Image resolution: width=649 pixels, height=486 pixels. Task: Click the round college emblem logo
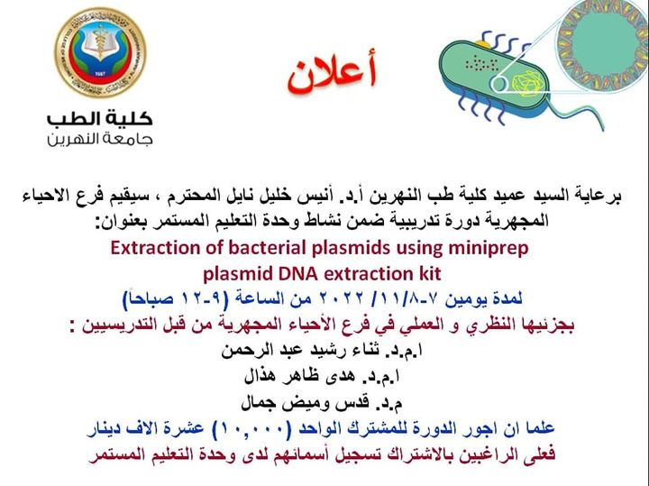tap(100, 52)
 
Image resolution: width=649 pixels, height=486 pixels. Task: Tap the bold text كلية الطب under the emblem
tap(100, 119)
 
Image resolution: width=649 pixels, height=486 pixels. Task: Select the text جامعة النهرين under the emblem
tap(100, 140)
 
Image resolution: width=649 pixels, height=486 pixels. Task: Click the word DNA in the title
tap(288, 274)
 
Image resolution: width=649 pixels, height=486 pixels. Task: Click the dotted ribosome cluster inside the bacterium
tap(481, 64)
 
